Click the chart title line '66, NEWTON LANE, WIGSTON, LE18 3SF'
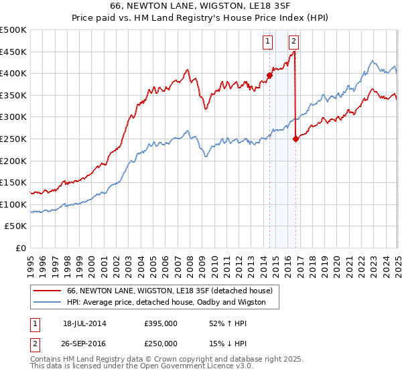(x=200, y=6)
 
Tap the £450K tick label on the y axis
(x=13, y=52)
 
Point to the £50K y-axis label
(x=15, y=226)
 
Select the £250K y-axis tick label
(x=13, y=139)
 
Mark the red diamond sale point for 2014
(x=269, y=75)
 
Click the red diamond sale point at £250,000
(x=296, y=139)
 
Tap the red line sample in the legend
(x=47, y=291)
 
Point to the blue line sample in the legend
(x=47, y=303)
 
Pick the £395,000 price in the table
(x=160, y=323)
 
